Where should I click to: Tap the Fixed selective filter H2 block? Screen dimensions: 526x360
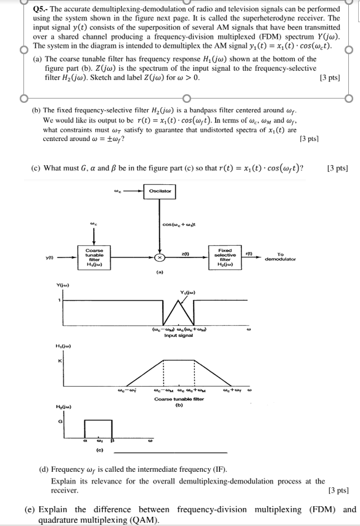[224, 257]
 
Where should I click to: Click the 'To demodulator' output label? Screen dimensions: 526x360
[280, 257]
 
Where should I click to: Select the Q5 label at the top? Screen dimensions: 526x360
[36, 9]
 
